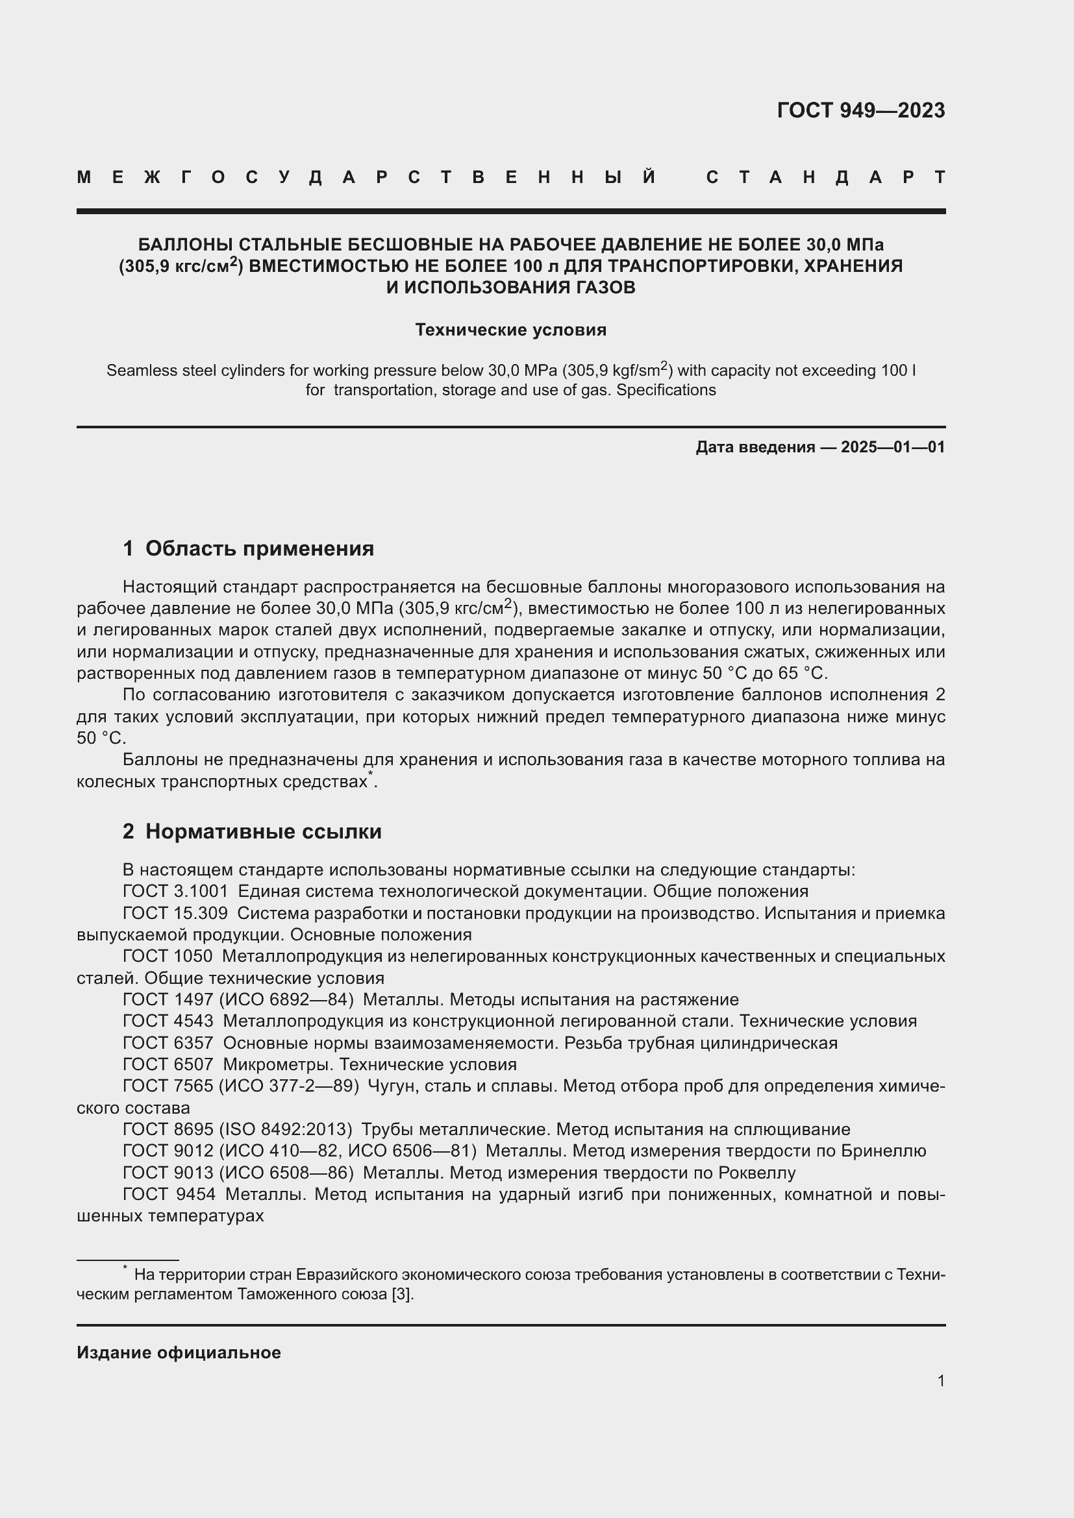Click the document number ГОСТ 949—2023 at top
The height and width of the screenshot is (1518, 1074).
[860, 110]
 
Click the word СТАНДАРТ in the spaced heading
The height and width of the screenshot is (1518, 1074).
[825, 177]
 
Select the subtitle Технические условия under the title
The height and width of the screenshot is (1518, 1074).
[510, 329]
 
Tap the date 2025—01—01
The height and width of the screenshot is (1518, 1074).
[892, 447]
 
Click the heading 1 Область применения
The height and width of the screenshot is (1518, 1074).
[248, 548]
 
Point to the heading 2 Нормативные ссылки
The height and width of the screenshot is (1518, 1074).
[252, 831]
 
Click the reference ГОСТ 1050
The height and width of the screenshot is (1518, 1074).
[168, 956]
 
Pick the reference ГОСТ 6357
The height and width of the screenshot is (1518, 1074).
[168, 1043]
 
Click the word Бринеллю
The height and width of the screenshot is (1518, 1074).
[884, 1151]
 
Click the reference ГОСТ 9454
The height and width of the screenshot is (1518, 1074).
[169, 1195]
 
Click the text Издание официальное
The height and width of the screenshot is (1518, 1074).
[179, 1353]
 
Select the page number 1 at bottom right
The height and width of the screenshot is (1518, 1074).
[940, 1380]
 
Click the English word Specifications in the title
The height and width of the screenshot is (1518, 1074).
[666, 390]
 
